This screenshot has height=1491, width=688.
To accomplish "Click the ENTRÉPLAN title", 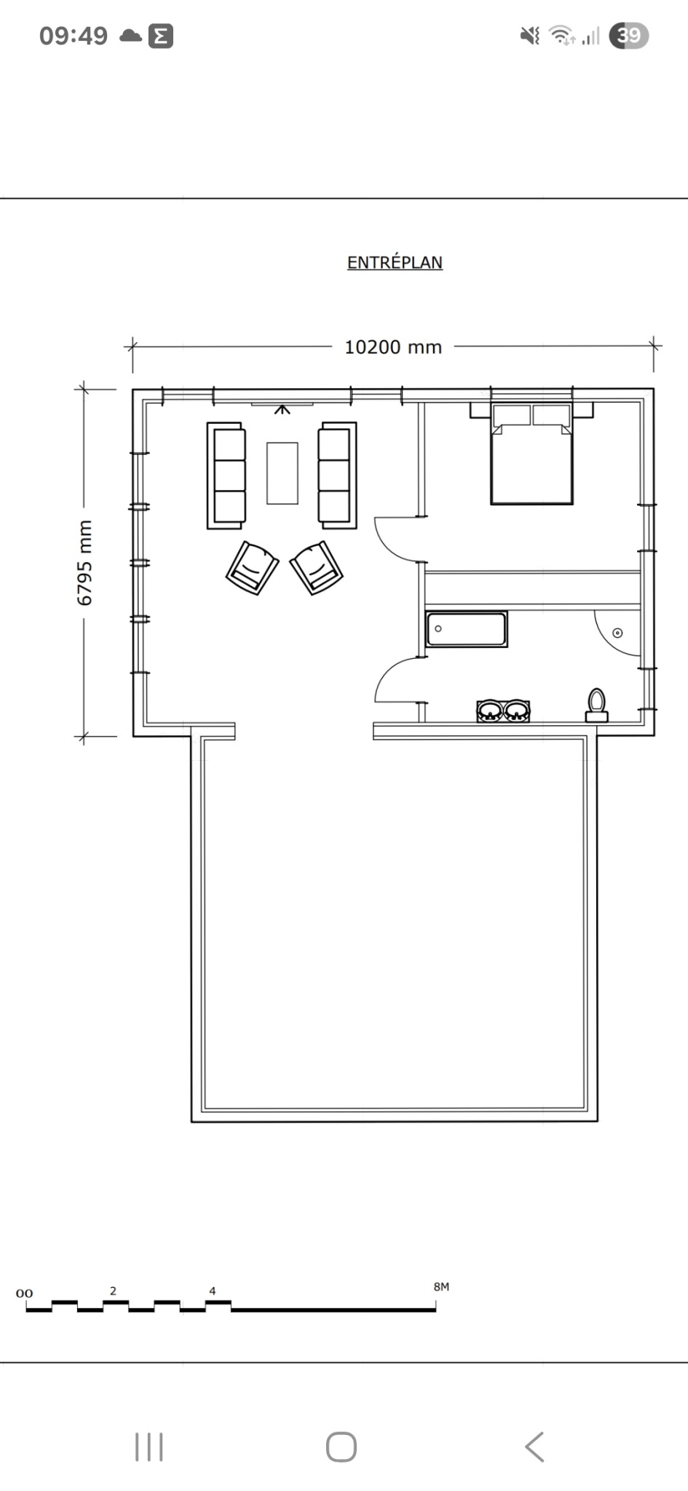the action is click(x=395, y=262).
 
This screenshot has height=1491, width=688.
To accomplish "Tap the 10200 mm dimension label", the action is click(x=393, y=347).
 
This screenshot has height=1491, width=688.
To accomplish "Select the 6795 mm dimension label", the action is click(x=84, y=563).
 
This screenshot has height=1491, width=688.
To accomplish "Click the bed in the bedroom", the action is click(x=531, y=454).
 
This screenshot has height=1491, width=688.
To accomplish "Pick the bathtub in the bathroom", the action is click(x=467, y=630).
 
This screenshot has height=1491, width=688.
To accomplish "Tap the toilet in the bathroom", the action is click(x=597, y=705).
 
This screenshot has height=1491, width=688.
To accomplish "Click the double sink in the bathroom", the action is click(x=503, y=711).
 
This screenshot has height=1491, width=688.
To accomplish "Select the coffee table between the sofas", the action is click(x=282, y=473).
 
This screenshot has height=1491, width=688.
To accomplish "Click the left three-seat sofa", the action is click(x=226, y=475).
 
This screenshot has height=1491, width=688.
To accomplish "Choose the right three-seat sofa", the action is click(x=337, y=475).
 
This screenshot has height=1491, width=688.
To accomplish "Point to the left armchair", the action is click(x=252, y=568).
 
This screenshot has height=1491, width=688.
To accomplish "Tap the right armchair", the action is click(x=317, y=568).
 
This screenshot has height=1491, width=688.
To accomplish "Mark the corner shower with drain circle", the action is click(x=616, y=631).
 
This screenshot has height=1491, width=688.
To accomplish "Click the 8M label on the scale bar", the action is click(x=441, y=1286).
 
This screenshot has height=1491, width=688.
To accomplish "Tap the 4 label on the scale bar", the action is click(x=213, y=1291).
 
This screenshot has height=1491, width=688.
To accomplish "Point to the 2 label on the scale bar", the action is click(x=113, y=1291).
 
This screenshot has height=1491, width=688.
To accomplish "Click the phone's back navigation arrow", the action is click(x=534, y=1447).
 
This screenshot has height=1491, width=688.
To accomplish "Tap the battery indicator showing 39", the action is click(x=629, y=36).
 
